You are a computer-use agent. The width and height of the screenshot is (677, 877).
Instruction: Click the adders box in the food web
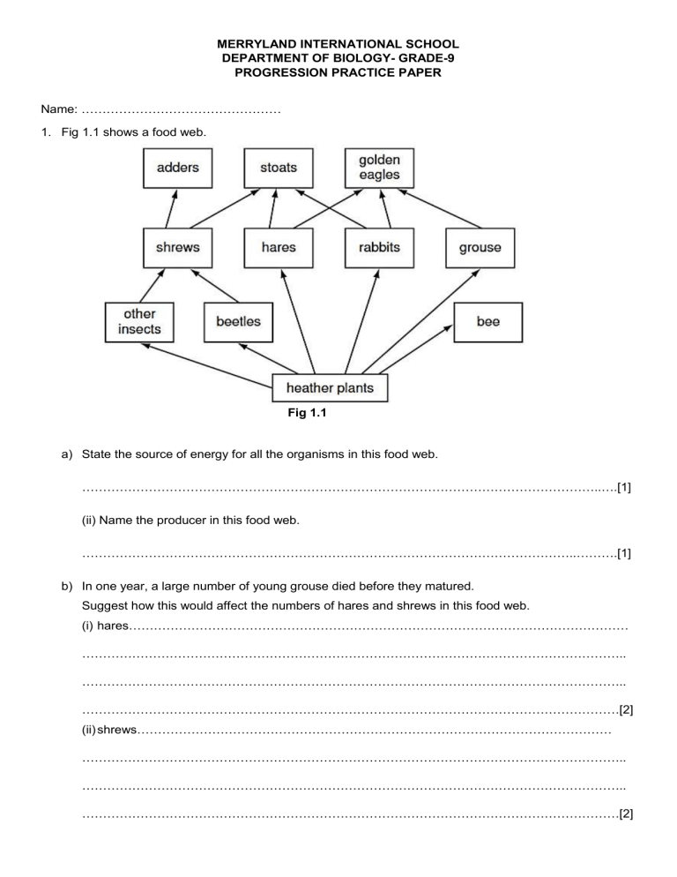tap(177, 167)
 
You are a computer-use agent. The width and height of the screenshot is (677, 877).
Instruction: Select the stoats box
tap(279, 167)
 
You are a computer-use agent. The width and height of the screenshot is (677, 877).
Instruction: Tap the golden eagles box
tap(379, 167)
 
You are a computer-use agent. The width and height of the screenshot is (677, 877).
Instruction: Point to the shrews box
tap(177, 247)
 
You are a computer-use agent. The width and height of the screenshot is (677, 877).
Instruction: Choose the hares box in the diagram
tap(279, 247)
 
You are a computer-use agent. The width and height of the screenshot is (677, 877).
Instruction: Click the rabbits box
tap(379, 247)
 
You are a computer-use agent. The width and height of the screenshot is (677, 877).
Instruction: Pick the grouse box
tap(480, 247)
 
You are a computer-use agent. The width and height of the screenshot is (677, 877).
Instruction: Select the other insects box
tap(139, 322)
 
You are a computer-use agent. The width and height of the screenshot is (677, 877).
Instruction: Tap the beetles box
tap(238, 322)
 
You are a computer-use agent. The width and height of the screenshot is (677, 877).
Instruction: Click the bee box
tap(487, 322)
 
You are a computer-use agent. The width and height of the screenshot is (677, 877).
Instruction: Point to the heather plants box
tap(330, 388)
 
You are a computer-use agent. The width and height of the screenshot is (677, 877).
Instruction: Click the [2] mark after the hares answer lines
tap(626, 708)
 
